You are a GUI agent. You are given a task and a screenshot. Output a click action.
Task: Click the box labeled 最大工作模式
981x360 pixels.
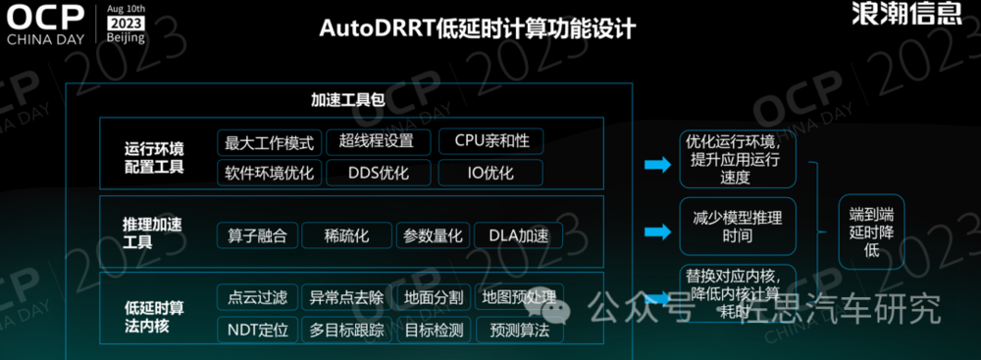point(269,142)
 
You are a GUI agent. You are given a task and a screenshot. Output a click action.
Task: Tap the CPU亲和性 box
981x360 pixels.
point(490,141)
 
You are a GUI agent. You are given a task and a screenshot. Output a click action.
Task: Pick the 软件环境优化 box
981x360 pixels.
point(269,174)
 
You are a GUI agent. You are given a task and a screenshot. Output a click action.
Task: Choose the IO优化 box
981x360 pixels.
point(490,174)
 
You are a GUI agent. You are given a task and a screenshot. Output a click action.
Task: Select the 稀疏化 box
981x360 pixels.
point(345,235)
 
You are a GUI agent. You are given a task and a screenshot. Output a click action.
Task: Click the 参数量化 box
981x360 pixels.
point(433,235)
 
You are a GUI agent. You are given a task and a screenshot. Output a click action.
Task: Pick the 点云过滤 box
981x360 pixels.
point(256,297)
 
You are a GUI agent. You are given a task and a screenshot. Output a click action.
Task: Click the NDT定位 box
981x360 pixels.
point(258,330)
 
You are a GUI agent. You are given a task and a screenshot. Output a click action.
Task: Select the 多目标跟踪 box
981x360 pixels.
point(345,330)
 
